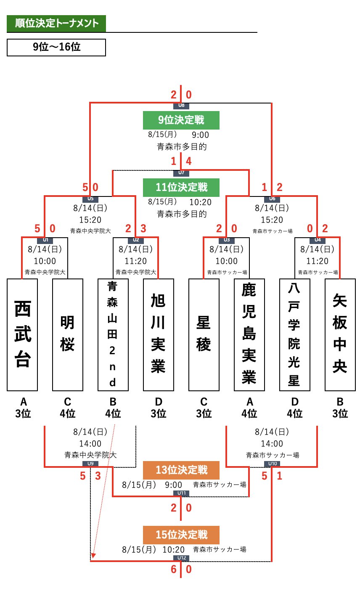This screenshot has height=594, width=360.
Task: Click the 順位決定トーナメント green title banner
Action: (56, 24)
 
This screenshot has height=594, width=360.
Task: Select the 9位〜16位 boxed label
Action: (56, 48)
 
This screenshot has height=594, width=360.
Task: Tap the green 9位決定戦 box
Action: (181, 119)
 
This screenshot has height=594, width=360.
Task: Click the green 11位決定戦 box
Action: (181, 187)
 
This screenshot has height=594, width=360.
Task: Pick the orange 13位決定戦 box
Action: (181, 469)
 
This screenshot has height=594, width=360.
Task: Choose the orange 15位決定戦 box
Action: (181, 535)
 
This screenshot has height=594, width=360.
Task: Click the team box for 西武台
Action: (23, 334)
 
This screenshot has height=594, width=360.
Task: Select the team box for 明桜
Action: (68, 334)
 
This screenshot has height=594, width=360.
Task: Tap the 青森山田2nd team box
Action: (113, 334)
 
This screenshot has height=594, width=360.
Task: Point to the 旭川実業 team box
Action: (159, 334)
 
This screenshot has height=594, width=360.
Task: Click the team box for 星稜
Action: (204, 334)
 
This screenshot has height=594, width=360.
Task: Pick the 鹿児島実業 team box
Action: (249, 334)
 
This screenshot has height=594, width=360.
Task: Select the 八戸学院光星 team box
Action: (294, 334)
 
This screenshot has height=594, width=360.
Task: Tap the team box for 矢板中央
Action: (340, 334)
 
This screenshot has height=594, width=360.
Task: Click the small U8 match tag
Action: (181, 106)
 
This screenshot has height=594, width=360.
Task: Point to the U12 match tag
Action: (181, 558)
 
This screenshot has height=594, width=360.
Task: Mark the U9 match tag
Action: (90, 464)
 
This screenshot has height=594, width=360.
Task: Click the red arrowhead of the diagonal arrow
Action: (93, 556)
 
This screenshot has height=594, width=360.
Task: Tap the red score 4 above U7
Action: (189, 161)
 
